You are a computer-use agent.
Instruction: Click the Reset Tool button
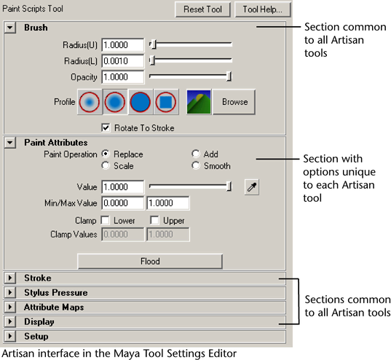coord(202,9)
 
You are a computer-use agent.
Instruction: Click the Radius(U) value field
coord(122,45)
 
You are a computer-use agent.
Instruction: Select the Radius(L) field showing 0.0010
coord(122,61)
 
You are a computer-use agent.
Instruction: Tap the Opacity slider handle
coord(229,77)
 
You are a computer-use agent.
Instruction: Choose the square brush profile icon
coord(166,102)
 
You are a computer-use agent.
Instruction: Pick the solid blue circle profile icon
coord(141,102)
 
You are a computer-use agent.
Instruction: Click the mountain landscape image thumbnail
coord(199,102)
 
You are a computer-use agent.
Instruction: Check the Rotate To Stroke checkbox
coord(106,128)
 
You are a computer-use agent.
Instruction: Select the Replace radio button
coord(106,154)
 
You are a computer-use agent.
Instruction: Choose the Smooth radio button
coord(196,165)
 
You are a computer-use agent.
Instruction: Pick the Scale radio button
coord(106,165)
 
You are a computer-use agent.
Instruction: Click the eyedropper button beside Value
coord(252,187)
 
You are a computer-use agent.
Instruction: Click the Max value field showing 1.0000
coord(167,203)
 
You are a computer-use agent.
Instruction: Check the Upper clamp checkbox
coord(154,220)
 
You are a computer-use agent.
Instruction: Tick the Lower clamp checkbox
coord(105,220)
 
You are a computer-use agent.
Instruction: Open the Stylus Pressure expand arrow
coord(10,292)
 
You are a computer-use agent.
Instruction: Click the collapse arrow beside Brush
coord(10,27)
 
